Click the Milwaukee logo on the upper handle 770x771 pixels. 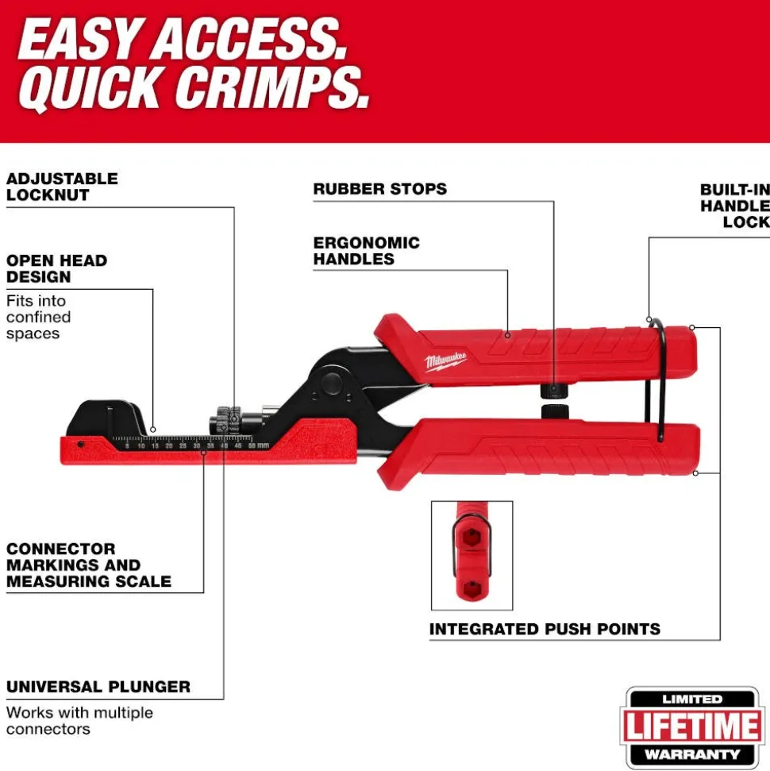[x=445, y=360]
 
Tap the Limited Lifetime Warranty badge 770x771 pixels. [x=693, y=727]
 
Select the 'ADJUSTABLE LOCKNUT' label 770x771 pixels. [x=62, y=187]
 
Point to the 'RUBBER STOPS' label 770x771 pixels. [x=379, y=189]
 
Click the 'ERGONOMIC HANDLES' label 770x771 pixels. [x=366, y=251]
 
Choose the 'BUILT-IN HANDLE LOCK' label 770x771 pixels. [x=734, y=206]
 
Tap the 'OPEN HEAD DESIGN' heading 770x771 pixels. [x=56, y=268]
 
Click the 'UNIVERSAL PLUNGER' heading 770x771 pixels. [x=98, y=687]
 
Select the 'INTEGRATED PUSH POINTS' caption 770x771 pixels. [x=545, y=629]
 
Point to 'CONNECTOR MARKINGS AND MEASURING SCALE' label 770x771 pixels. [x=88, y=565]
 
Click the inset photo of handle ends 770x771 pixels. [x=472, y=555]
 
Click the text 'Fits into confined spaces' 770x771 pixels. [x=39, y=317]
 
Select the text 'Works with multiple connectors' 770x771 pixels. [x=79, y=720]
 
